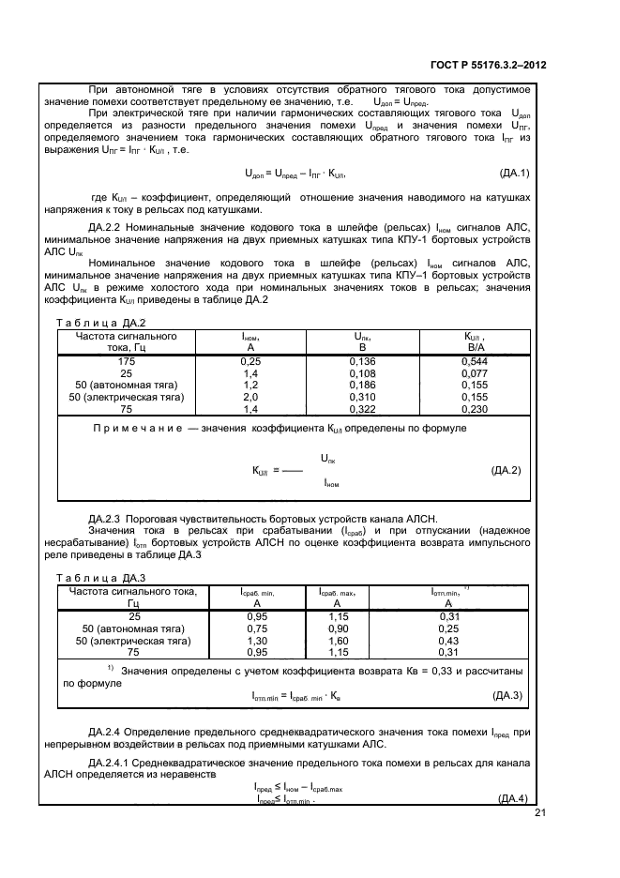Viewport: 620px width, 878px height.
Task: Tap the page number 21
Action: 539,812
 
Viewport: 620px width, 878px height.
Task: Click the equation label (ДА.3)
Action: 511,695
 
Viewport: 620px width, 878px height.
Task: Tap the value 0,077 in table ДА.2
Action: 476,372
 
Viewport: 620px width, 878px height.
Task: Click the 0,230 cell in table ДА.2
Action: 476,409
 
